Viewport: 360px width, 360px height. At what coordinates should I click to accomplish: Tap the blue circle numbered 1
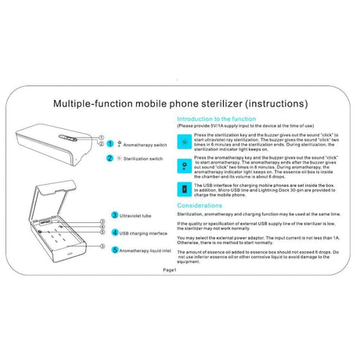point(110,145)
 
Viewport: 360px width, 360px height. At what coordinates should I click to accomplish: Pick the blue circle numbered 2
point(110,158)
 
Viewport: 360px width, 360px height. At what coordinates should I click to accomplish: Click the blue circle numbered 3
point(114,214)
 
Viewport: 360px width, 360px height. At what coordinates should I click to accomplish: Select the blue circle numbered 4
point(114,232)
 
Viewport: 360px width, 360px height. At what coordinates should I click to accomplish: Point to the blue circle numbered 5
point(114,250)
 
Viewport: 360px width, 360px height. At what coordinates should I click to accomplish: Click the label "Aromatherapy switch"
point(146,145)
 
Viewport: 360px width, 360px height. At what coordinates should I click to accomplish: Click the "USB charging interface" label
point(145,232)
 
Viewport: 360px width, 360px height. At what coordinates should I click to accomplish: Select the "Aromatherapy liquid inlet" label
point(148,250)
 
